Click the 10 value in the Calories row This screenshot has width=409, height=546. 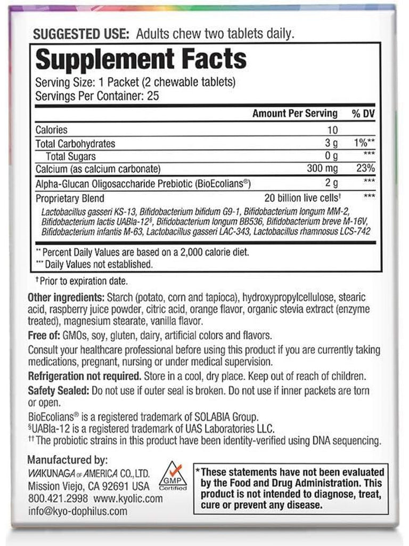333,130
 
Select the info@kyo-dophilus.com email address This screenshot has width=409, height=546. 77,511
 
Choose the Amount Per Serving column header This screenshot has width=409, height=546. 295,114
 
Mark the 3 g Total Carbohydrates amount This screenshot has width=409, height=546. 331,143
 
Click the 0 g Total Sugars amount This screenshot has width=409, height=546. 331,156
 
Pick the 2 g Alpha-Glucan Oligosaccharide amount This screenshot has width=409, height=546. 331,183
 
